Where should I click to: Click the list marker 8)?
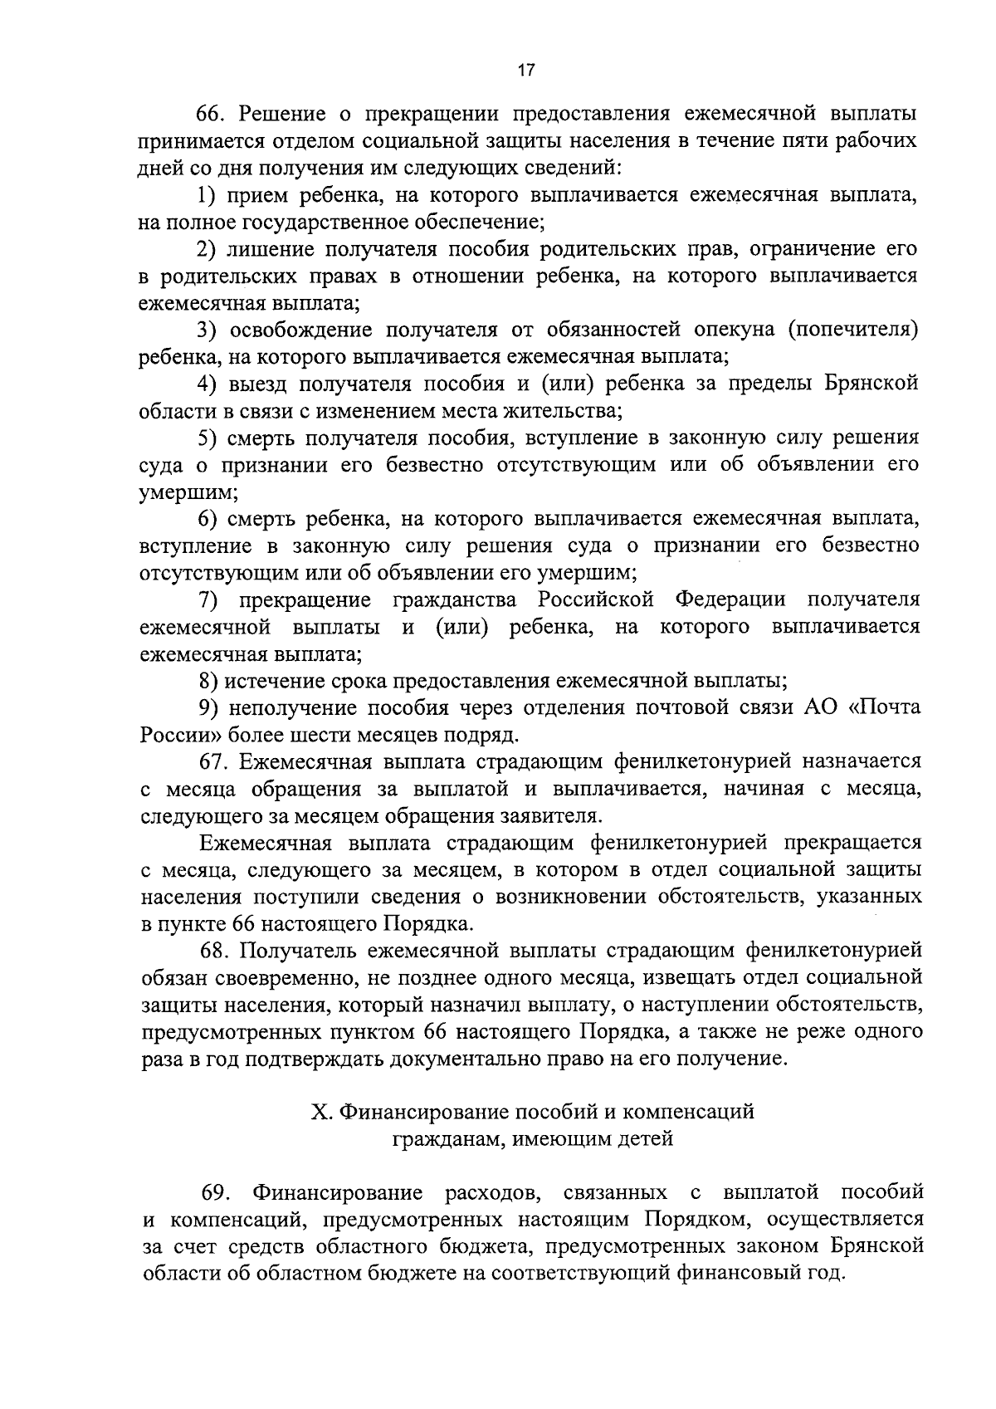tap(209, 682)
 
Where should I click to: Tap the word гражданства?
tap(459, 599)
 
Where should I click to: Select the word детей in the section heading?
tap(642, 1138)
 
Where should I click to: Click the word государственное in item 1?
tap(336, 223)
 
